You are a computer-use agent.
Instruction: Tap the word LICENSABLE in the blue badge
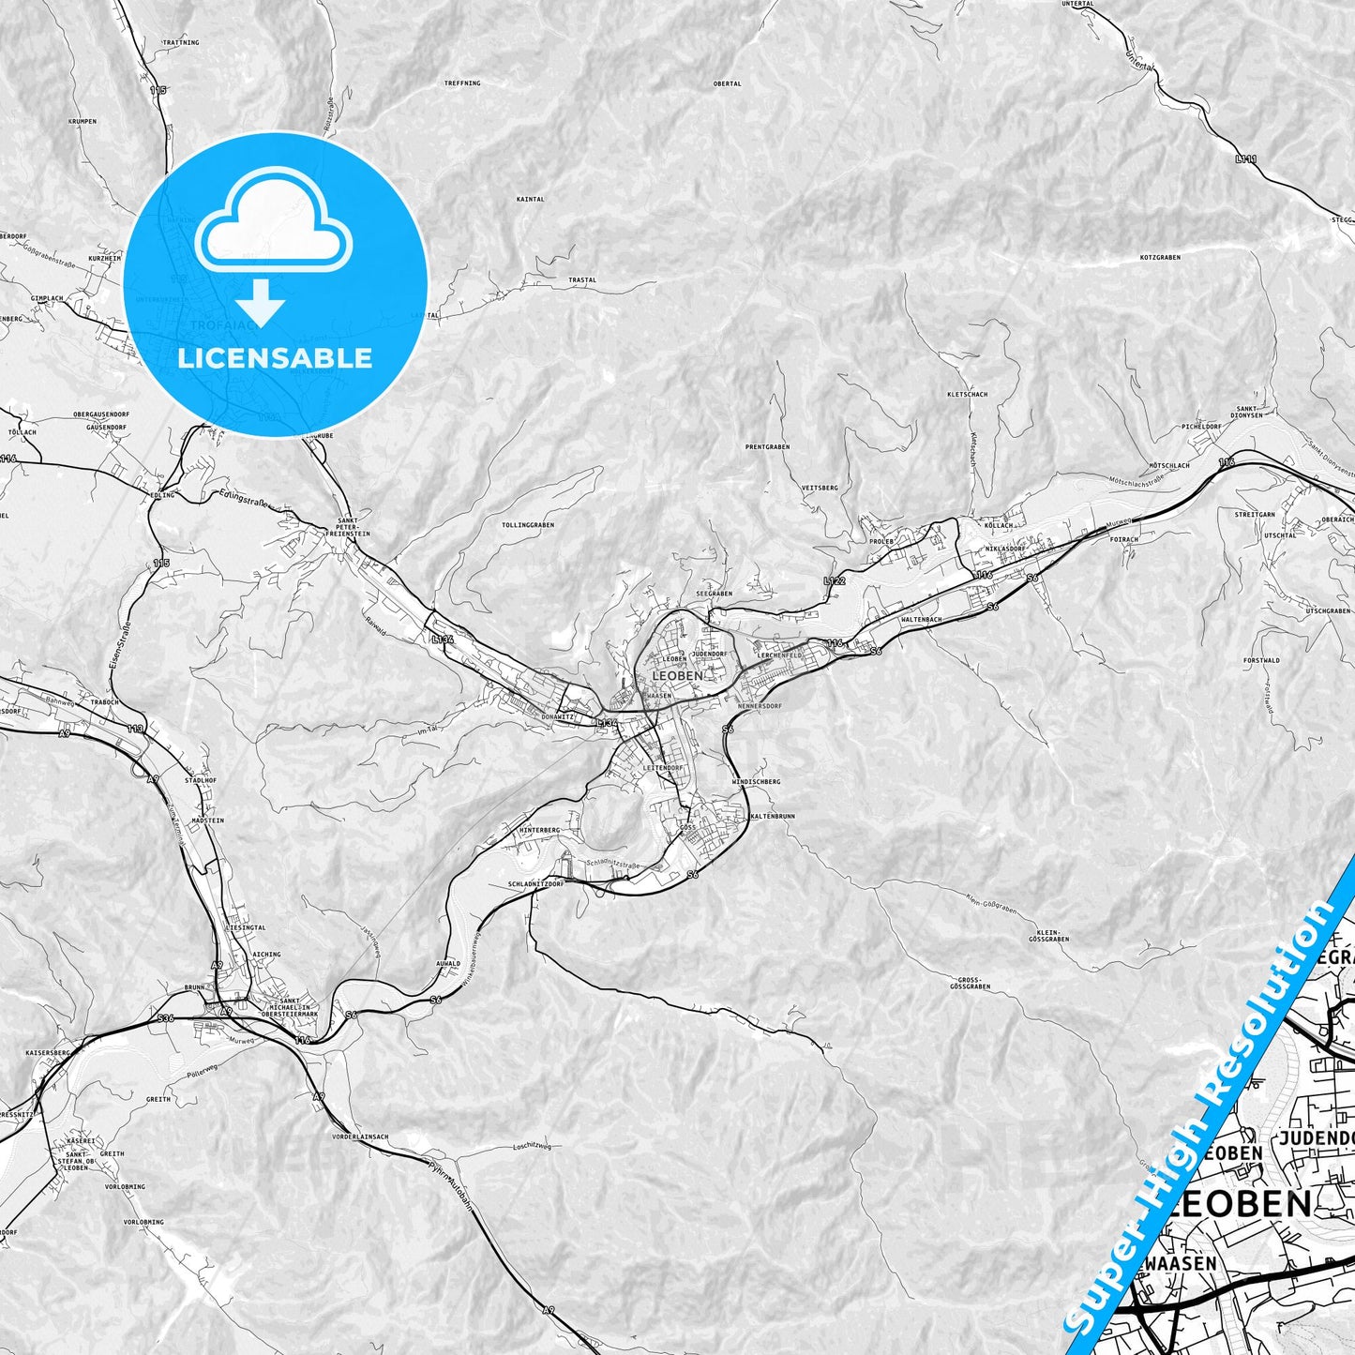(275, 358)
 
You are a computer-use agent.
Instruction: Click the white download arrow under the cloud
(261, 303)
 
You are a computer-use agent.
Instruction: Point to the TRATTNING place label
(181, 42)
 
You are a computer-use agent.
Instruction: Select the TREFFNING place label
(461, 83)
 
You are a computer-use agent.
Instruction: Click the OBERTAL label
(727, 83)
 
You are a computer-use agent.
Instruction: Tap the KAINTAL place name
(530, 200)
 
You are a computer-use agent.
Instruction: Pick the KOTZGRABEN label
(1160, 257)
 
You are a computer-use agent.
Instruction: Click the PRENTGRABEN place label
(767, 447)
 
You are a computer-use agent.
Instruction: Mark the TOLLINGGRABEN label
(528, 525)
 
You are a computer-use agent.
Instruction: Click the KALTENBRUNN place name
(773, 817)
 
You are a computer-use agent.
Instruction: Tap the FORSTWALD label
(1261, 660)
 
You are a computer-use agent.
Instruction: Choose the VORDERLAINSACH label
(360, 1137)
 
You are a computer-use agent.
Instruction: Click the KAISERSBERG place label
(49, 1053)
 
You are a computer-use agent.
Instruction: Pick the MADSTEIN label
(207, 821)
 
